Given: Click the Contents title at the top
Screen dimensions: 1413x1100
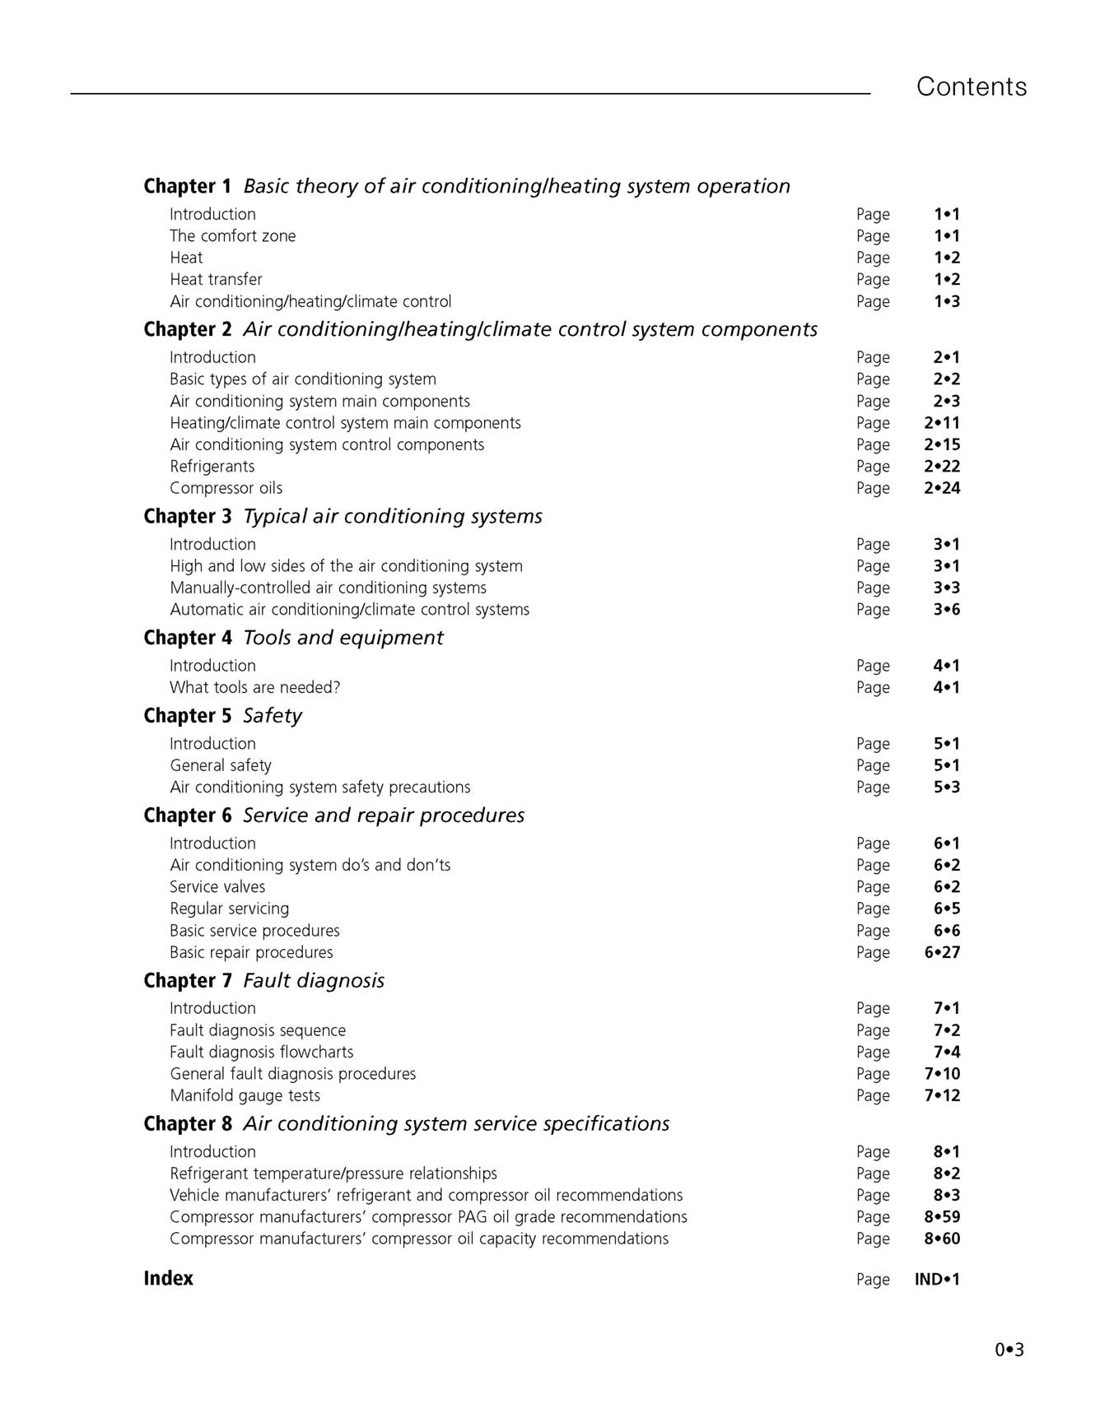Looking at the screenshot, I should (971, 86).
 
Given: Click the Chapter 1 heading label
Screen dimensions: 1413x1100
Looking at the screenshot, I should (187, 187).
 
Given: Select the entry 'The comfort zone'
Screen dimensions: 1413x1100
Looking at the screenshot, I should (232, 236).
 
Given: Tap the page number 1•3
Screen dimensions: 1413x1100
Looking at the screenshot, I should (946, 301).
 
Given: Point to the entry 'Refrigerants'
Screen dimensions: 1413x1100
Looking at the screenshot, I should (212, 467).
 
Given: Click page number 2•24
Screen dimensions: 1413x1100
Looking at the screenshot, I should (942, 488).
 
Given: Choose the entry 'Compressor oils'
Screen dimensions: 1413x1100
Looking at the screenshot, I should (226, 488).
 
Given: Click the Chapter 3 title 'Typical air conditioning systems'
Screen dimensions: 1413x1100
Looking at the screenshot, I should (393, 517).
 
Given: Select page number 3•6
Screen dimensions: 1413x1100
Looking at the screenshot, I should (946, 610).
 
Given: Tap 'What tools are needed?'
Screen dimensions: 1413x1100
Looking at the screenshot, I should (254, 687).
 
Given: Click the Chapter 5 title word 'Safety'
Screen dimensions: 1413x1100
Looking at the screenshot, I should (273, 716).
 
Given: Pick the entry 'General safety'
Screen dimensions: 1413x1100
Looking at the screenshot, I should (220, 765).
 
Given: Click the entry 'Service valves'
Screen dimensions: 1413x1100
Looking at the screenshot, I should (217, 887).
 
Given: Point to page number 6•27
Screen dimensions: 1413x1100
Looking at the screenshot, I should (942, 952).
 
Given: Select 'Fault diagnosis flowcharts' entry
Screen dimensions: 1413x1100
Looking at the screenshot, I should (261, 1052).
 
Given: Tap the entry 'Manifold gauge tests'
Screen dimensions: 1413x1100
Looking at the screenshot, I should (245, 1095).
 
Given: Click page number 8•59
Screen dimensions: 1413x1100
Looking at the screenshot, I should (942, 1216).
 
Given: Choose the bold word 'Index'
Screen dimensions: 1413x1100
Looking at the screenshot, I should (168, 1278).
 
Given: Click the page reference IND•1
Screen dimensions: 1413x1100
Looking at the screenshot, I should (937, 1279).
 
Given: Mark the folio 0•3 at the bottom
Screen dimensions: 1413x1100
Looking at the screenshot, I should (1009, 1350).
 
